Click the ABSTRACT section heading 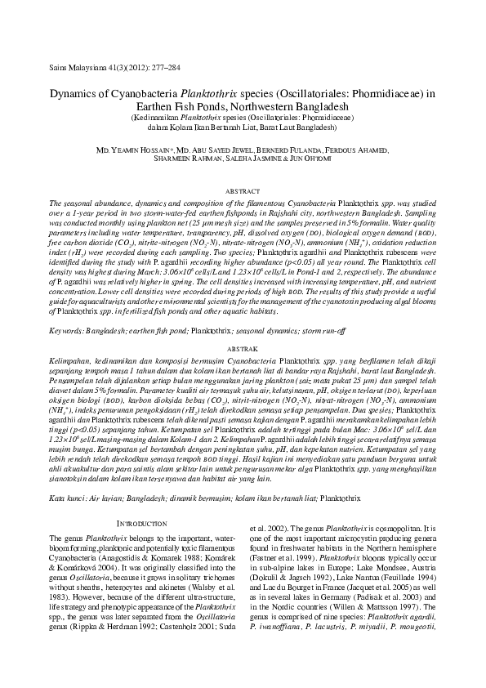[x=243, y=190]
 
